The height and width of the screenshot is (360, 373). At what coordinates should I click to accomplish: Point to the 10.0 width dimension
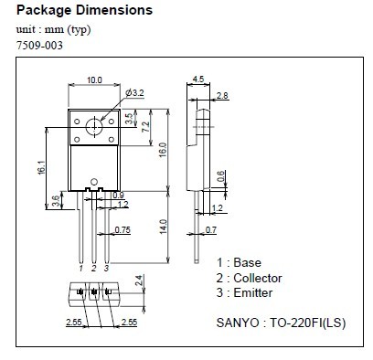coord(93,80)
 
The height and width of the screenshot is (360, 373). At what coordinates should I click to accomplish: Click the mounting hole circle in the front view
coord(92,126)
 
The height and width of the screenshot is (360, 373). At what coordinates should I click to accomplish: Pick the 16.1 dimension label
coord(40,169)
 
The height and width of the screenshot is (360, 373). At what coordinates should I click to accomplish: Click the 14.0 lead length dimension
coord(161,225)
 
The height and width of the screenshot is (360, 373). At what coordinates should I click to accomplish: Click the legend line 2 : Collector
coord(249,278)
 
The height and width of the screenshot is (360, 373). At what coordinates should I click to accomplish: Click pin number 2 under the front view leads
coord(93,269)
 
